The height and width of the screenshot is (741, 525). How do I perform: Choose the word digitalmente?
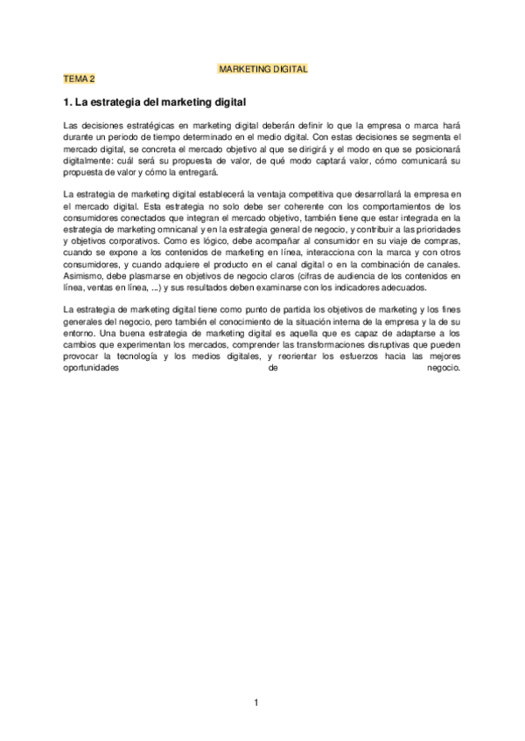(x=94, y=161)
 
